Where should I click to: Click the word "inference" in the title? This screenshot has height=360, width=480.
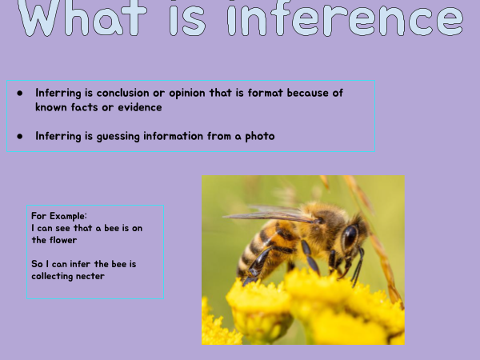click(x=346, y=18)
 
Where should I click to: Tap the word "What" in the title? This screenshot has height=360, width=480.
click(x=82, y=18)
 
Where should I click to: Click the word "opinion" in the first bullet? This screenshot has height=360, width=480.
click(x=187, y=94)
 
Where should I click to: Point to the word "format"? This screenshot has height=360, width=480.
click(x=265, y=93)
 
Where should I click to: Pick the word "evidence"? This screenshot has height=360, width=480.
click(x=140, y=107)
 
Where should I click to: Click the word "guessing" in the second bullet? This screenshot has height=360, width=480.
click(x=118, y=137)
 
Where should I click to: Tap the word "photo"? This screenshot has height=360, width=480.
click(x=260, y=137)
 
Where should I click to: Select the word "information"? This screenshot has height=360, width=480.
click(x=174, y=136)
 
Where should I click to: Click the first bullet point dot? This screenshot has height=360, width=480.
click(x=20, y=93)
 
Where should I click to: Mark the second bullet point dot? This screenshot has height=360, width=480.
click(x=20, y=136)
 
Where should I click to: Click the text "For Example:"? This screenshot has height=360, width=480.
click(x=59, y=216)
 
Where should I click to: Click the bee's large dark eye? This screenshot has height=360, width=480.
click(x=350, y=237)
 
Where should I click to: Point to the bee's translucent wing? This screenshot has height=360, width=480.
click(x=270, y=214)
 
